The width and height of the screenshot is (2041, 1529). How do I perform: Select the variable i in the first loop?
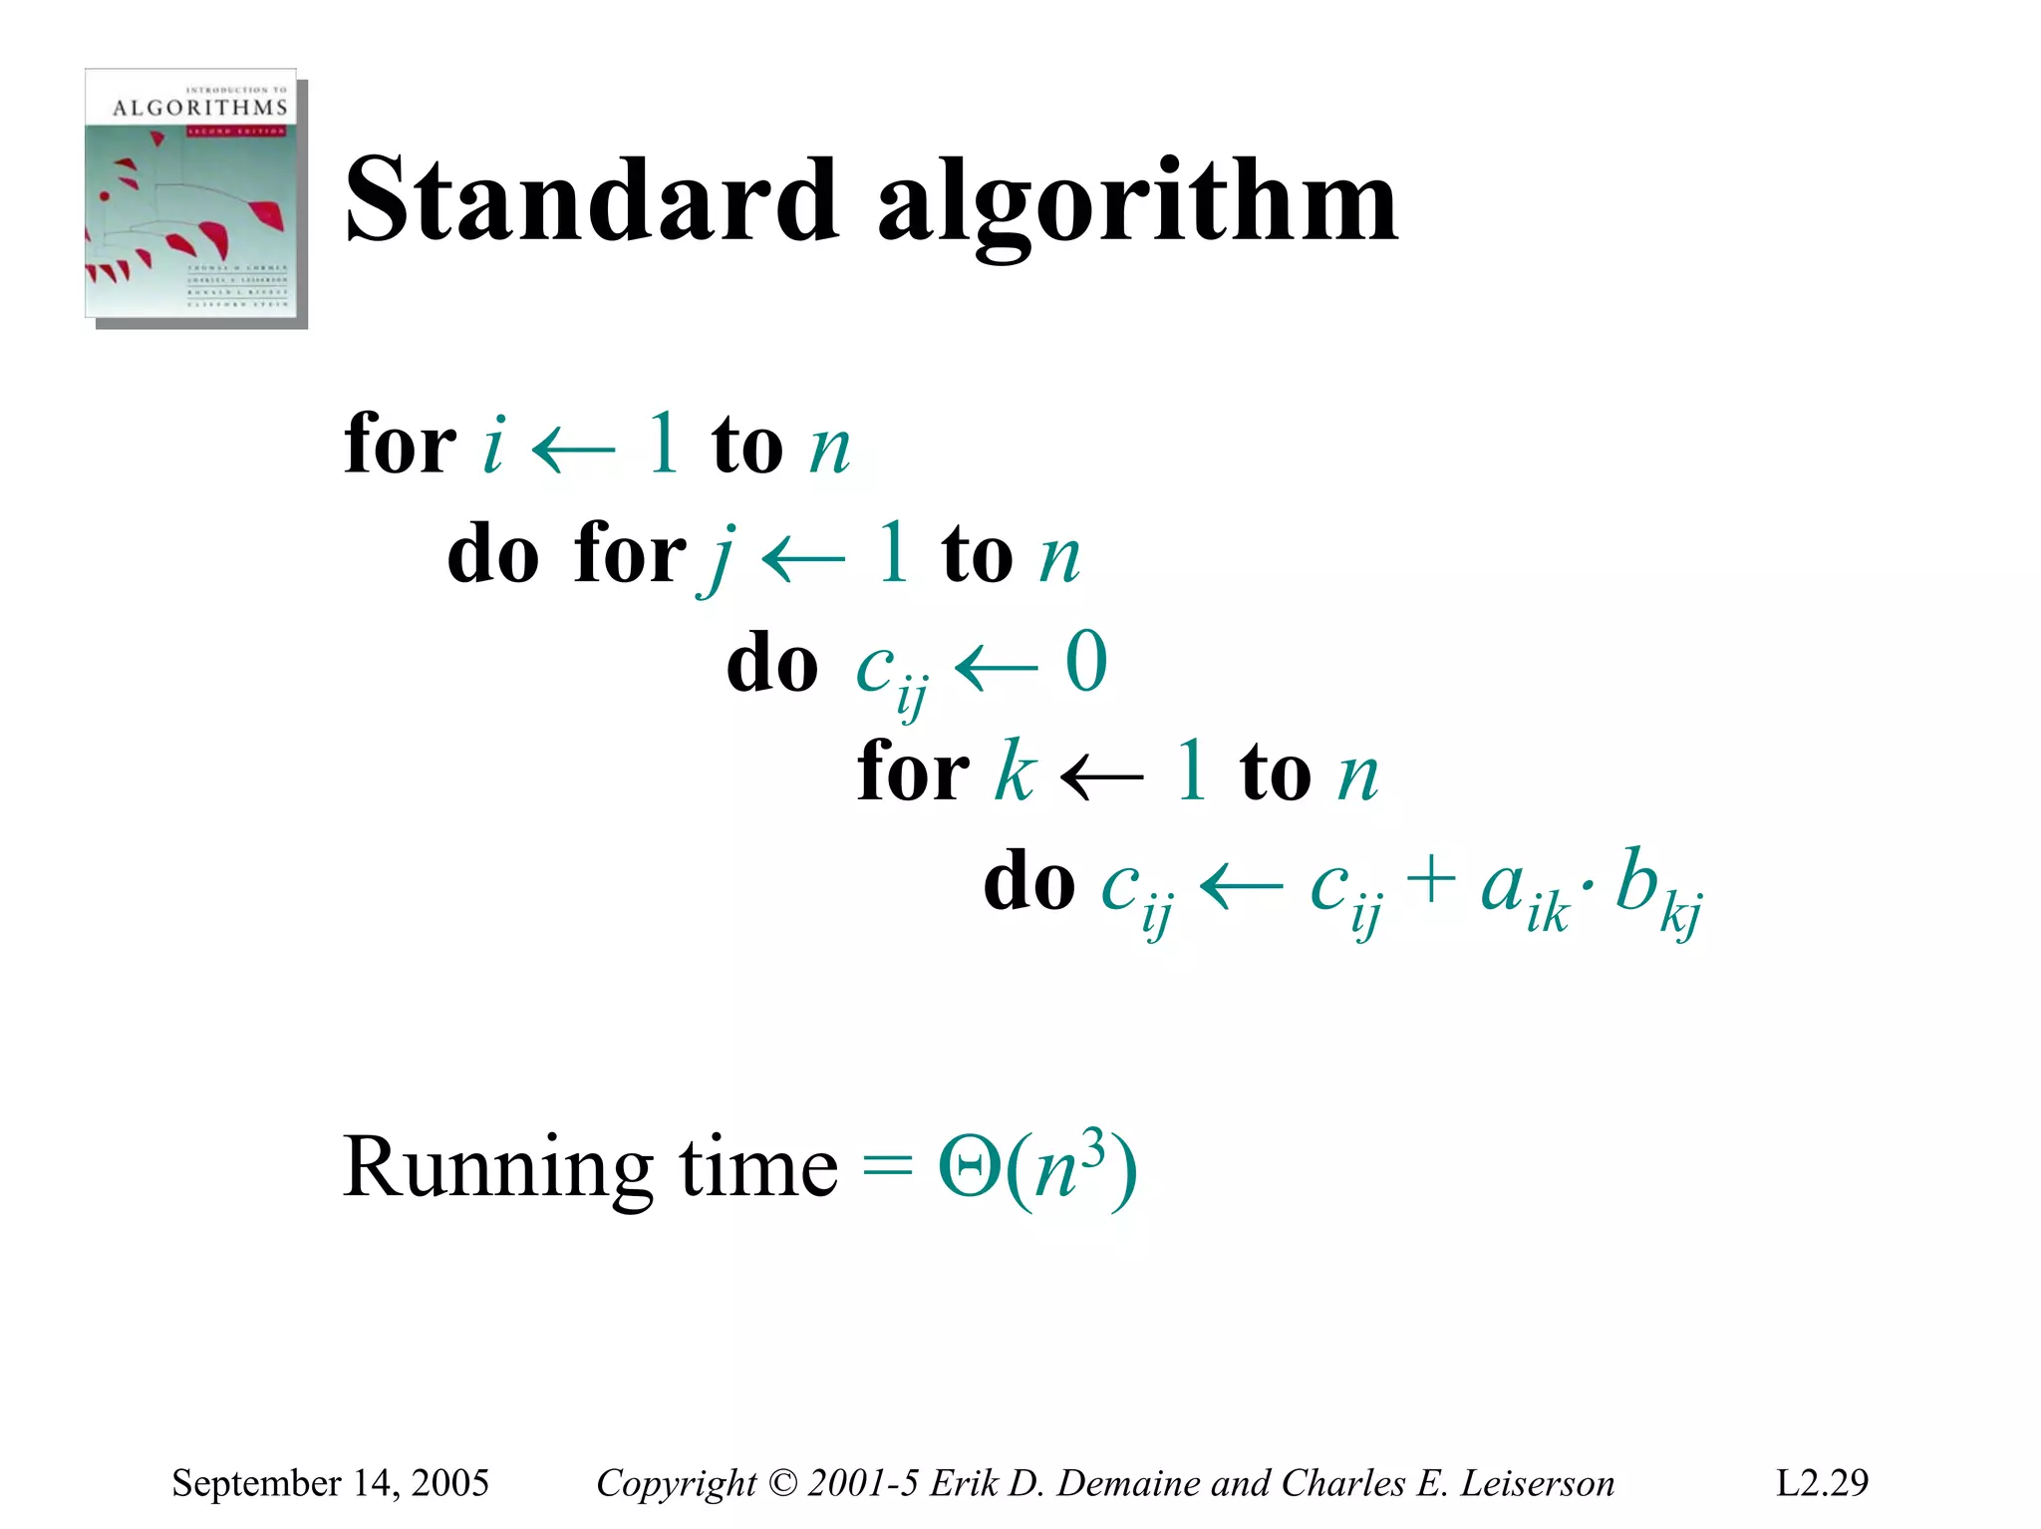pos(492,445)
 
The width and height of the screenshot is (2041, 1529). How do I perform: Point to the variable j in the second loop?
pos(721,557)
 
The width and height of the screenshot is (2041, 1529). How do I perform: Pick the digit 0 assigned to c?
pos(1085,661)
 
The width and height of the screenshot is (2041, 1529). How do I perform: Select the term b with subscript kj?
pos(1654,889)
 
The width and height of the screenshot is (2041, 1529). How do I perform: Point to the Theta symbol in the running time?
pos(969,1168)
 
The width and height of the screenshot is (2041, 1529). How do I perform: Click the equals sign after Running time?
pos(886,1166)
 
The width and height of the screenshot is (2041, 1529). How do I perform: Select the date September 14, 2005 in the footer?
pos(330,1483)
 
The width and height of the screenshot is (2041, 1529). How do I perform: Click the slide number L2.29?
pos(1822,1483)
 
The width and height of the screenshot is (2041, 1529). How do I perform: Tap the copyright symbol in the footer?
pos(783,1483)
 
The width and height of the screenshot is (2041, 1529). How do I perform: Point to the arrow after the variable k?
pos(1101,775)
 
